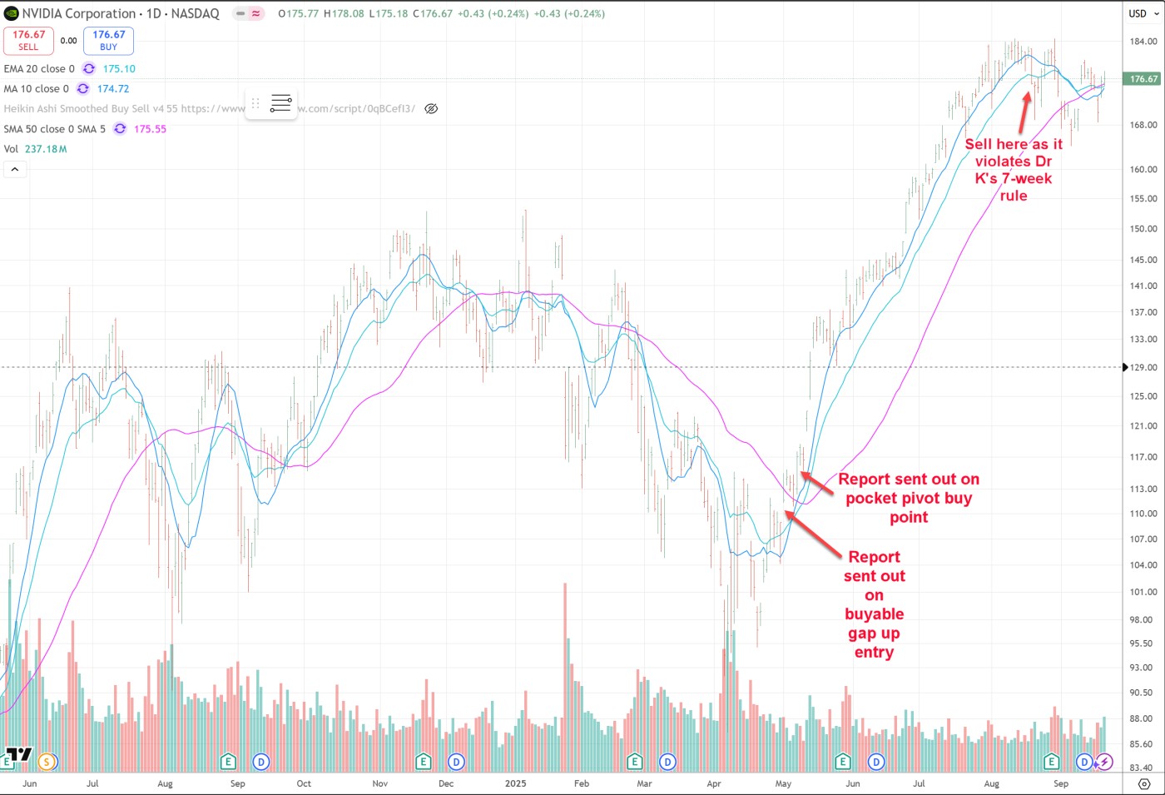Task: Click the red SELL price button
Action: (28, 40)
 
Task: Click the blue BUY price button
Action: (108, 40)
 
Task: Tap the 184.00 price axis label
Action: (1143, 42)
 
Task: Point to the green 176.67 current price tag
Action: (1143, 79)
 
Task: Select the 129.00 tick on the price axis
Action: (1143, 367)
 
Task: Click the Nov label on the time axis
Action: (379, 783)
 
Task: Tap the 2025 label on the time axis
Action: (515, 783)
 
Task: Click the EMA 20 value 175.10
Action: (119, 69)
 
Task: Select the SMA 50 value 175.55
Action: (150, 129)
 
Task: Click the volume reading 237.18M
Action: (46, 149)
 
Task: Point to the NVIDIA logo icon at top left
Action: (12, 13)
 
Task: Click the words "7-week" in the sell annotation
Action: (1024, 178)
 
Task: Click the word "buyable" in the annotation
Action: (874, 614)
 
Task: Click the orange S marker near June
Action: (47, 762)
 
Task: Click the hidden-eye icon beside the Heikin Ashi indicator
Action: (431, 108)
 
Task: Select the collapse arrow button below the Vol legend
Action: (14, 169)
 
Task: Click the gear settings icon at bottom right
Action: (1144, 783)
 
